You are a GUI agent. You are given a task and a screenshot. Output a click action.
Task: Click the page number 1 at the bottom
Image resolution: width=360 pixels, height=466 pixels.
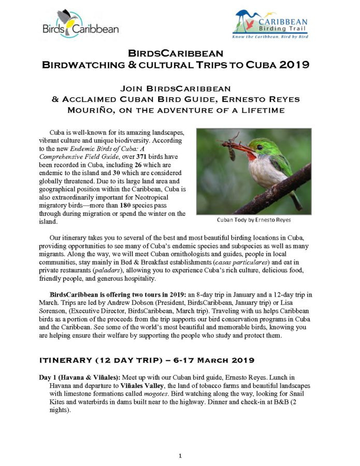180,456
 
